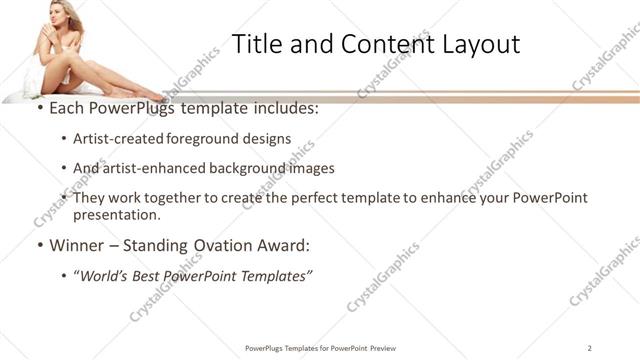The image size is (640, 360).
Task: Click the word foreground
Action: tap(202, 139)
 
